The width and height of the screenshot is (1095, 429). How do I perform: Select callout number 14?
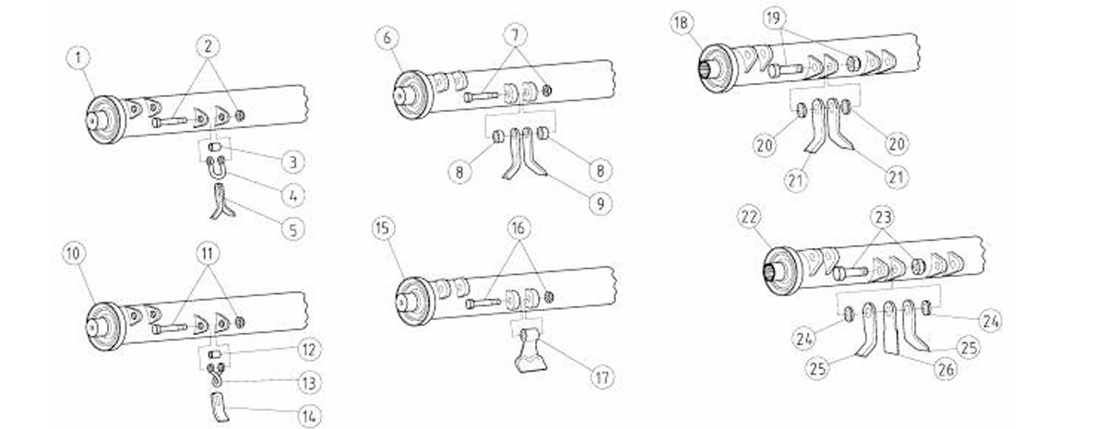[309, 416]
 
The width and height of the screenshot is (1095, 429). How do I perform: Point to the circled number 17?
[601, 378]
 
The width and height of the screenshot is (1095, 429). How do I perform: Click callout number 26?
[946, 370]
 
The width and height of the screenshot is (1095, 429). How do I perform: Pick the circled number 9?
[600, 203]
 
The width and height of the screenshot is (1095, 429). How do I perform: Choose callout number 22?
[749, 218]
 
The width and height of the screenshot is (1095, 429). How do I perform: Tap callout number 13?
[308, 383]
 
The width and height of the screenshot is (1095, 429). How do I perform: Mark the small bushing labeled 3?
[216, 149]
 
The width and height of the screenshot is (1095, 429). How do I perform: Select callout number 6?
[387, 38]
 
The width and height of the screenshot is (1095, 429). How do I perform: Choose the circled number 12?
[308, 350]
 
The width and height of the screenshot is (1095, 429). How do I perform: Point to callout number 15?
[384, 229]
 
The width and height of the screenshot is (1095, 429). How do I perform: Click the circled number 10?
[74, 255]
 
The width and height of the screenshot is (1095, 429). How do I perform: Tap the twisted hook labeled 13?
[217, 375]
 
